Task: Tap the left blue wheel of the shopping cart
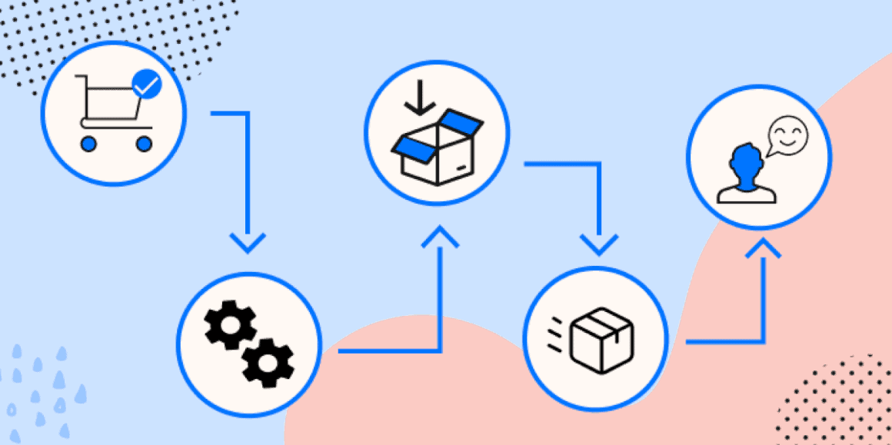[88, 143]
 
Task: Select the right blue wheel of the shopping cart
[144, 143]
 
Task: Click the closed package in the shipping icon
[602, 339]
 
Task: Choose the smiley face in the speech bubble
[789, 136]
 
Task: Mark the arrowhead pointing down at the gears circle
[247, 244]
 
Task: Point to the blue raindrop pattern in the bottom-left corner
[38, 388]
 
